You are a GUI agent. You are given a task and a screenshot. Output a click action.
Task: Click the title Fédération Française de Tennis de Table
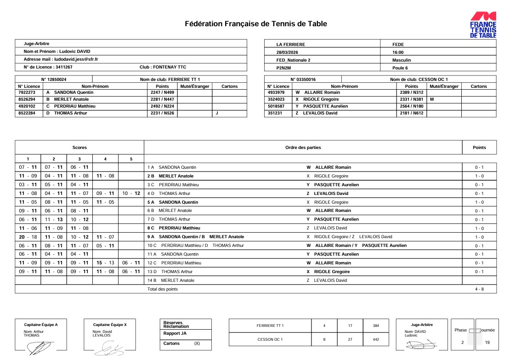[256, 24]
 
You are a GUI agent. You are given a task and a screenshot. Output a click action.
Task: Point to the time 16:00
[398, 52]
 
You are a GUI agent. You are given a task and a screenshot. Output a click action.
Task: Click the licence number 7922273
[27, 92]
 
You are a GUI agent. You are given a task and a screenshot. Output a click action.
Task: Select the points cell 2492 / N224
[162, 106]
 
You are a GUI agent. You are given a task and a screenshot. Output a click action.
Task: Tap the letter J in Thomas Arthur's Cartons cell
[216, 113]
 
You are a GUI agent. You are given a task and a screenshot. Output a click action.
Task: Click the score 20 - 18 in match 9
[28, 237]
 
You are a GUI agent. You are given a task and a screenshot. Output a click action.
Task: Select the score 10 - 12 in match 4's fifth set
[131, 194]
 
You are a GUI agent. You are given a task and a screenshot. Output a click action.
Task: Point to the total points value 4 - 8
[479, 289]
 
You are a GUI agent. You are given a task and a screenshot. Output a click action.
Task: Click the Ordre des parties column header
[303, 148]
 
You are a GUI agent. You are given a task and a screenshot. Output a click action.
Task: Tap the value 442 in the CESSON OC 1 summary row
[376, 339]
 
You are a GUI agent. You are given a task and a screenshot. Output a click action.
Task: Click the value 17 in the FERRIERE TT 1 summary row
[350, 326]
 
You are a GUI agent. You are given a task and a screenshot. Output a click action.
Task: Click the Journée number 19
[487, 343]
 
